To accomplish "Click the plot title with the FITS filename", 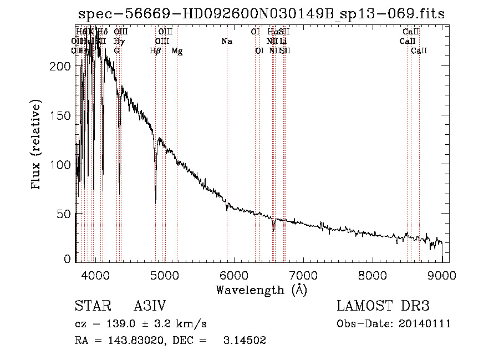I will (261, 14).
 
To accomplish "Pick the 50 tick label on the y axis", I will (64, 214).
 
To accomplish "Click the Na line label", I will (226, 42).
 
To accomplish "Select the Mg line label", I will (177, 51).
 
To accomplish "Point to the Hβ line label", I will (155, 51).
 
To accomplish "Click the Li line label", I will (283, 42).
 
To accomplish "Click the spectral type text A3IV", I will (150, 306).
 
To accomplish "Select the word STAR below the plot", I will (91, 306).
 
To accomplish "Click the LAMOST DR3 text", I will (383, 306).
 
